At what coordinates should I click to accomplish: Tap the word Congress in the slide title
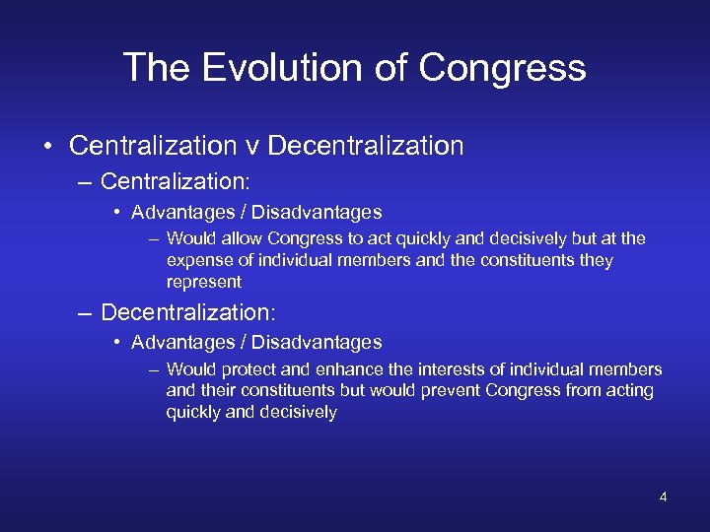502,68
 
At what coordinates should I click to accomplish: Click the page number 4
663,497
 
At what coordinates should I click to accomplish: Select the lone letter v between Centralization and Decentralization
252,147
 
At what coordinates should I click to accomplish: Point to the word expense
200,260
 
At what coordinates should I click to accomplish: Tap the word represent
204,282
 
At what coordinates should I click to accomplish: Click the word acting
631,391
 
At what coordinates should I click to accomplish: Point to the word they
596,260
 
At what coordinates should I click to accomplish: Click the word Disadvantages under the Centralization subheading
317,212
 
